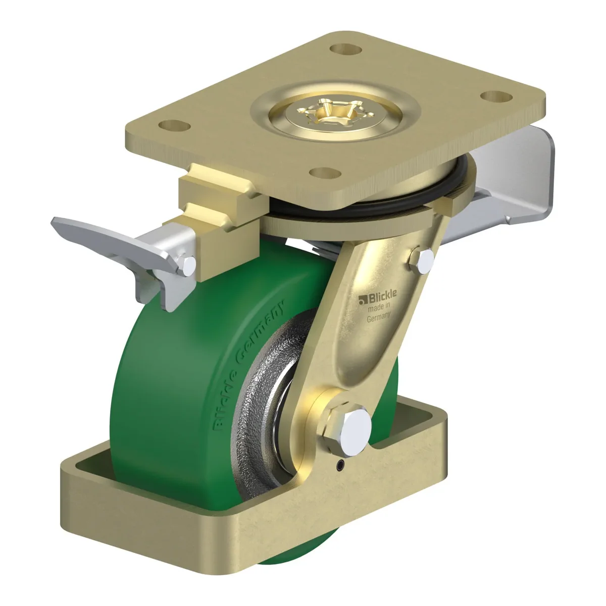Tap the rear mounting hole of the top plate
click(345, 49)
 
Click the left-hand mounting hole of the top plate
click(175, 126)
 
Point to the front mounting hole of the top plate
click(325, 173)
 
